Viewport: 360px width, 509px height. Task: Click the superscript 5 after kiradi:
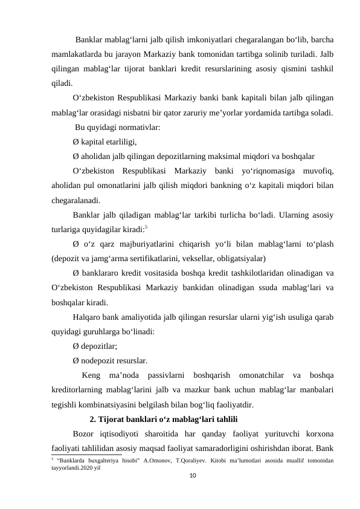[x=146, y=227]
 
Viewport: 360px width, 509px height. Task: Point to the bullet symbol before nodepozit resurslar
[x=75, y=361]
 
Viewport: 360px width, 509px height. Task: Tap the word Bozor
[x=83, y=434]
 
